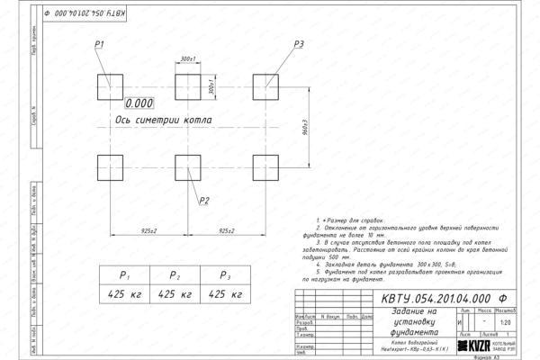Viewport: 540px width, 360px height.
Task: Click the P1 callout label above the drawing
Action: point(100,44)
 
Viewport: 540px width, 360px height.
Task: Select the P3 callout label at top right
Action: point(299,44)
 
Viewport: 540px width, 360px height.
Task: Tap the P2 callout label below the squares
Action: point(204,200)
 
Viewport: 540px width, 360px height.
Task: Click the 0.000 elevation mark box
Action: point(140,103)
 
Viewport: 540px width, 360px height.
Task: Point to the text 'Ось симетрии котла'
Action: point(164,120)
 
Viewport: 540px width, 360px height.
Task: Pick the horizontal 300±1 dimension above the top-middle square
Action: point(188,58)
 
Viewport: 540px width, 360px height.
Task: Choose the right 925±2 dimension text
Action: point(227,231)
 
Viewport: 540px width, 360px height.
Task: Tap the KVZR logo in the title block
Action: point(477,346)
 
